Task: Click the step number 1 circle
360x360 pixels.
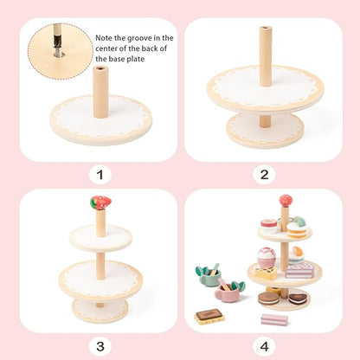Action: [x=100, y=176]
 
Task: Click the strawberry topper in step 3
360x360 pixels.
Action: [x=100, y=203]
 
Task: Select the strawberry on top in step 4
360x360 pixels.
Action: [x=285, y=202]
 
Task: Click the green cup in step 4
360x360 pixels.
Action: [x=209, y=277]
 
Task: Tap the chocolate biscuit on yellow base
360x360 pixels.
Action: [x=210, y=316]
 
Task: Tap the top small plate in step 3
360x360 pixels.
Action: [x=100, y=237]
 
